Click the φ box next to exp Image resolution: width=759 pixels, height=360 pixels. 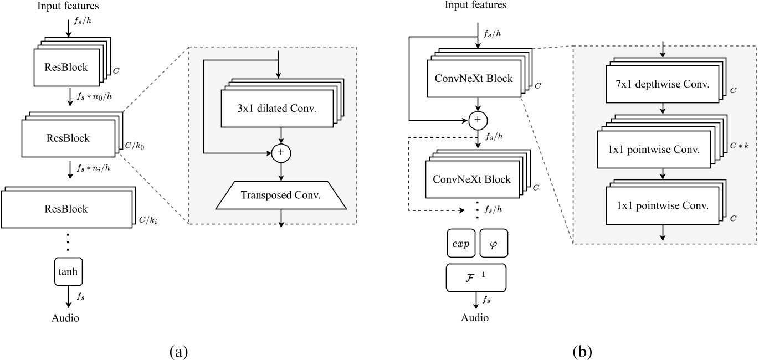click(x=493, y=244)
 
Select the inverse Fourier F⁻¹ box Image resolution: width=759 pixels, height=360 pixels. click(x=476, y=277)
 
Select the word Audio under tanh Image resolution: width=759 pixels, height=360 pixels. click(x=65, y=318)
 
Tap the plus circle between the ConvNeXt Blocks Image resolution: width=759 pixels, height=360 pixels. click(x=478, y=119)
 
